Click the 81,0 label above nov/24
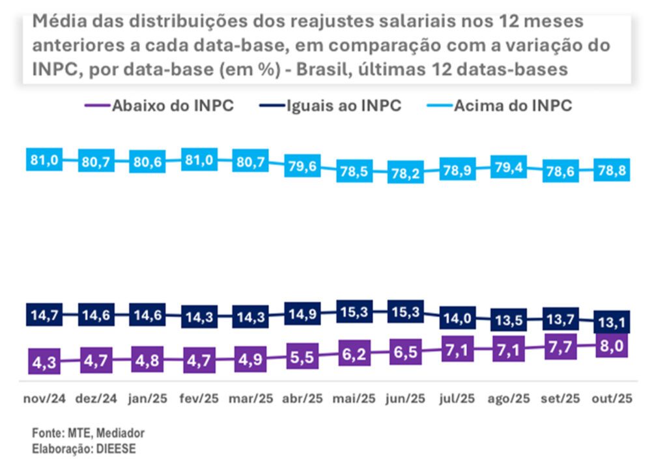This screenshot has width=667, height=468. [44, 160]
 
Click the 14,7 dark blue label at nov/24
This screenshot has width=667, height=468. [44, 315]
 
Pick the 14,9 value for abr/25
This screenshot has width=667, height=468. [302, 314]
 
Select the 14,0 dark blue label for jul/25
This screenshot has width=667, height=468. [457, 319]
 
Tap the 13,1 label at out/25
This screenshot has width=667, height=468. [612, 322]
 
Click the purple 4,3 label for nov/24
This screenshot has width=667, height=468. [44, 362]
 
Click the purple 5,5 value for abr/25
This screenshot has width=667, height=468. [302, 357]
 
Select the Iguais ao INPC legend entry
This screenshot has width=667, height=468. [335, 106]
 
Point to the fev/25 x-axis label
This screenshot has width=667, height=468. [199, 398]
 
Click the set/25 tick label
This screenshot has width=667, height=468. [560, 398]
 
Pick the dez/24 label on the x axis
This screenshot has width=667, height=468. [96, 398]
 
